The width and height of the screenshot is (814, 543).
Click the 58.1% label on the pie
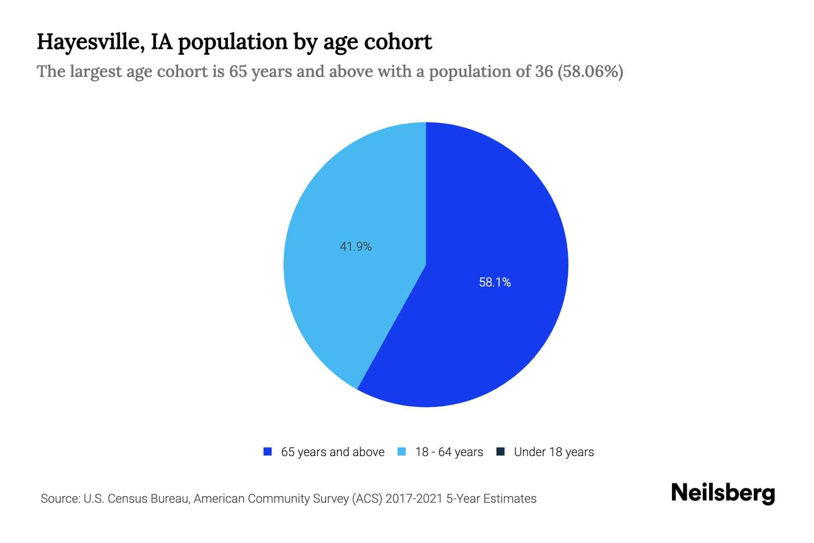(495, 282)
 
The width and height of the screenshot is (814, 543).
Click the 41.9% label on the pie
(355, 247)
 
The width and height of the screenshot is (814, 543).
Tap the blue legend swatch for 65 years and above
(267, 452)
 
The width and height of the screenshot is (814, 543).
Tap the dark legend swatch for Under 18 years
(500, 452)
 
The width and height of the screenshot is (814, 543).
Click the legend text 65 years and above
(332, 452)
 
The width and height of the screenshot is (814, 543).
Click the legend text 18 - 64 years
(449, 452)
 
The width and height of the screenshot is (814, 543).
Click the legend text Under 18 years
(554, 452)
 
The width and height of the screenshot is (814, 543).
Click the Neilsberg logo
(723, 493)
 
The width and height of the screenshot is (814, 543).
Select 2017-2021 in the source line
(414, 499)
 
